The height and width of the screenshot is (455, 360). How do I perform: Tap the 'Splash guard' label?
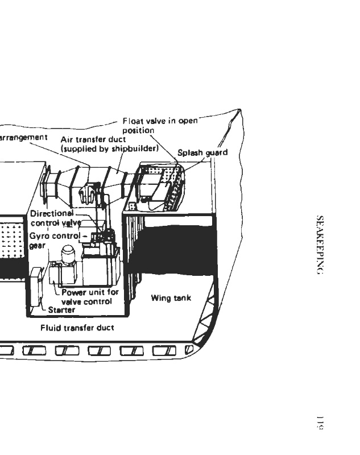tap(202, 152)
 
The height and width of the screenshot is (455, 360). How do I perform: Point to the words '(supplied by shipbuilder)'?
tap(109, 148)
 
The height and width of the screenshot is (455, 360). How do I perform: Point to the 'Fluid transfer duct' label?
tap(77, 328)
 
